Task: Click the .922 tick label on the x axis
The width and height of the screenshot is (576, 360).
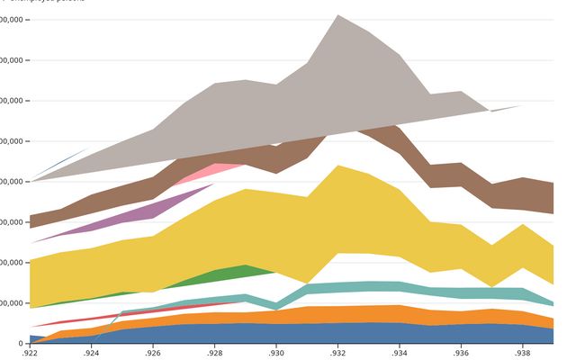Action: click(x=31, y=354)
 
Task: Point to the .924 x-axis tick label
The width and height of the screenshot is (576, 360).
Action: click(x=92, y=354)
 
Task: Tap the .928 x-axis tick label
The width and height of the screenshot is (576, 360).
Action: click(x=214, y=354)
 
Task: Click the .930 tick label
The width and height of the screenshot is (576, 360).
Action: click(x=275, y=354)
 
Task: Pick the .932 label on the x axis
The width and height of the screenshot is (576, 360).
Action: click(x=337, y=354)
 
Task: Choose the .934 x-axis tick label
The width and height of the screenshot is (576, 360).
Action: click(x=398, y=354)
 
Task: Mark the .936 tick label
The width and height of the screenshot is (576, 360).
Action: click(x=459, y=354)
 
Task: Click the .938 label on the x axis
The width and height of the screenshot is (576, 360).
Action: click(x=520, y=354)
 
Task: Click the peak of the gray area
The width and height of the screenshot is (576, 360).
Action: click(x=337, y=16)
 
